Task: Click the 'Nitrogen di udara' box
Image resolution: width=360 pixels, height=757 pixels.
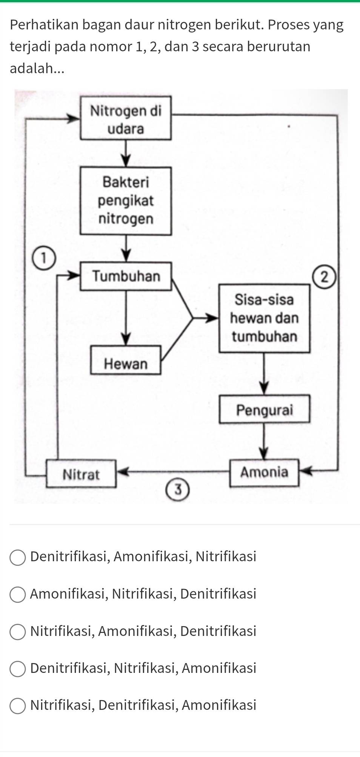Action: coord(126,118)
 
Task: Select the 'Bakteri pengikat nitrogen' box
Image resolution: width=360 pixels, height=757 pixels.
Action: coord(126,201)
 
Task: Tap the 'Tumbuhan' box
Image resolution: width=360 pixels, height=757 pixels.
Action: coord(126,276)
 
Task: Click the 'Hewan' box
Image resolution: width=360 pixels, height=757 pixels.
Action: coord(126,364)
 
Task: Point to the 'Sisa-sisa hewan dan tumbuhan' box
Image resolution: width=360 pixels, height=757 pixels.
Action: coord(264,318)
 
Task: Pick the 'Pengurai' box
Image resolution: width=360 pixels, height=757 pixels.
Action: coord(264,410)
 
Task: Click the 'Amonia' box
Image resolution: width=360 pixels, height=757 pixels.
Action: coord(264,473)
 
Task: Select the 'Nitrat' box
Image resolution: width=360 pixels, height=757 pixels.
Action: coord(81,474)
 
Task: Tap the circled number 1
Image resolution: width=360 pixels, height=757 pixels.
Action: coord(44,258)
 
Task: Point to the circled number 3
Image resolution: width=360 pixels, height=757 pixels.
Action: coord(178,490)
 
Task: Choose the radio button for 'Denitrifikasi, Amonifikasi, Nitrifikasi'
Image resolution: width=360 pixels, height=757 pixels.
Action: coord(17,557)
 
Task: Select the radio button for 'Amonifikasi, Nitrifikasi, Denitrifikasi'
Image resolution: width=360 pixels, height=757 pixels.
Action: coord(17,594)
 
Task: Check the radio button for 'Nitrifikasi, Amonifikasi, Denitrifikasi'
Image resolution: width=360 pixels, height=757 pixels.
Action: coord(17,632)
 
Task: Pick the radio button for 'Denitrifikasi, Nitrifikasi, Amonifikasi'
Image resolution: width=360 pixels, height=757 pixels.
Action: coord(17,669)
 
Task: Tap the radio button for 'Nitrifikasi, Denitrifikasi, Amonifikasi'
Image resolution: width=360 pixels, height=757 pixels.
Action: coord(17,706)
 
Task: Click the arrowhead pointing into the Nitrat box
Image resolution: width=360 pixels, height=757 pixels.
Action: coord(122,471)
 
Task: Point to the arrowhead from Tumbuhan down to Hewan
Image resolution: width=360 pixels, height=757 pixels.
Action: coord(126,338)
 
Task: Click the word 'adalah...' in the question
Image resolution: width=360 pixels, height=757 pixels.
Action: coord(37,68)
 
